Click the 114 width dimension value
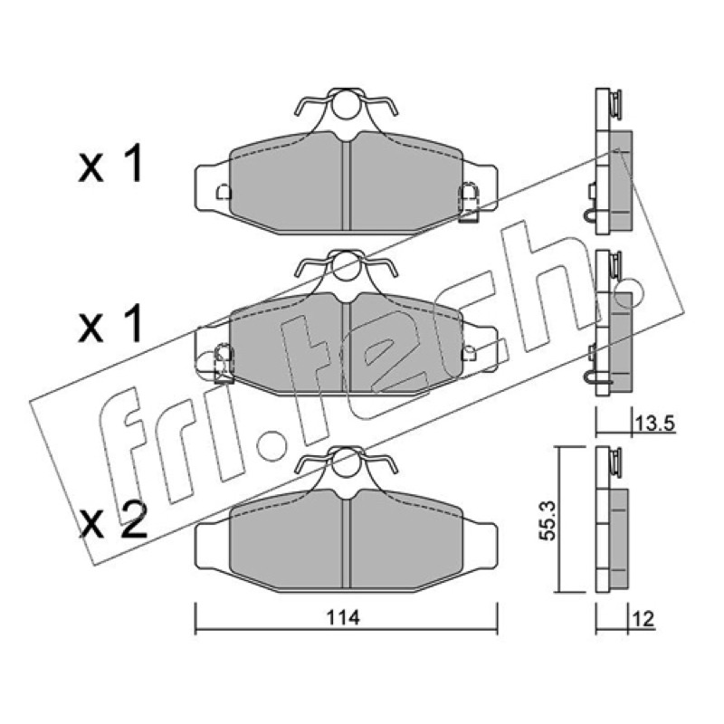(343, 618)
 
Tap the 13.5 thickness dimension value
(654, 423)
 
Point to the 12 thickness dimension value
(644, 619)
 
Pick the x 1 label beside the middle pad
(110, 326)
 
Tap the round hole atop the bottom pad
(345, 462)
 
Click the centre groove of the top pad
(346, 185)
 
